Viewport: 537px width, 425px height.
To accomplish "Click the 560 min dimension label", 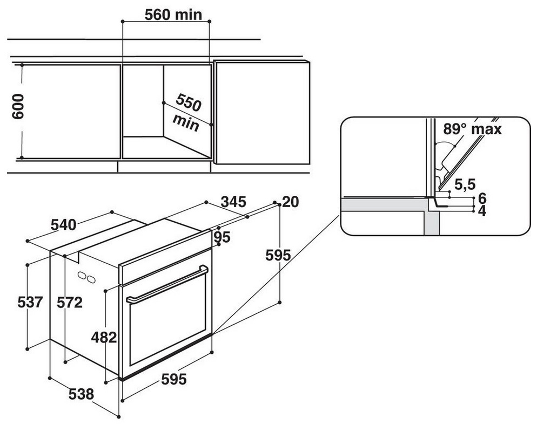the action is point(173,15).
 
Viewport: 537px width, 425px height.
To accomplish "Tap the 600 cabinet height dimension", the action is point(18,106).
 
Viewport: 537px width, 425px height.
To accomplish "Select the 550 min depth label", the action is point(187,113).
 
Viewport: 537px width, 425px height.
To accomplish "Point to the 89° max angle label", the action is point(472,129).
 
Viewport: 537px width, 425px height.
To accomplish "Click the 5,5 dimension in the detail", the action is point(465,184).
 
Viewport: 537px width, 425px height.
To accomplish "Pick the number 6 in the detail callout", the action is point(482,198).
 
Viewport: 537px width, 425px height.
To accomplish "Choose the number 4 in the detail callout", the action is point(482,211).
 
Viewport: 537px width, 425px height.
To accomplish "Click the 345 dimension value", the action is point(233,202).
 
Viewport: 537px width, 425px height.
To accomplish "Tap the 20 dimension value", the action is point(291,202).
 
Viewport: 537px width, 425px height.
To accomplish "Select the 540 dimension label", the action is point(63,225).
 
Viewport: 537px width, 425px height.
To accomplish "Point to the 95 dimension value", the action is point(222,237).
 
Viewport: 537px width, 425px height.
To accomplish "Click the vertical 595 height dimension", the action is point(278,255).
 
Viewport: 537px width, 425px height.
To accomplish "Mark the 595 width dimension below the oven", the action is point(174,379).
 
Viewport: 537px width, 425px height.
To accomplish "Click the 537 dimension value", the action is point(30,302).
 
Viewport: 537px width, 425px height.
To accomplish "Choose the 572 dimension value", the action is point(70,302).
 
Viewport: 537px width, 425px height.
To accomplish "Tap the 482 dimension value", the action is point(104,338).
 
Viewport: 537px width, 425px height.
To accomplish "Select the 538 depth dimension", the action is point(81,394).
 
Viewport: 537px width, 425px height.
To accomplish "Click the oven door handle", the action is point(167,284).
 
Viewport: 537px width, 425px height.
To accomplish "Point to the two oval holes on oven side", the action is point(86,277).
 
